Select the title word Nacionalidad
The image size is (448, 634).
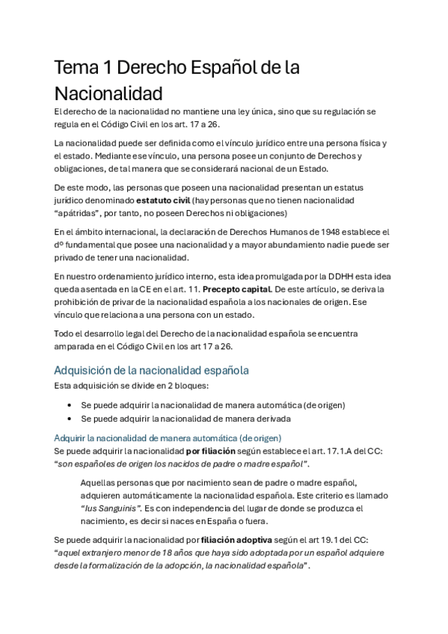point(108,95)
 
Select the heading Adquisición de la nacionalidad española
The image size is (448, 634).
point(151,369)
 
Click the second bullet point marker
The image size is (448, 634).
point(70,419)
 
